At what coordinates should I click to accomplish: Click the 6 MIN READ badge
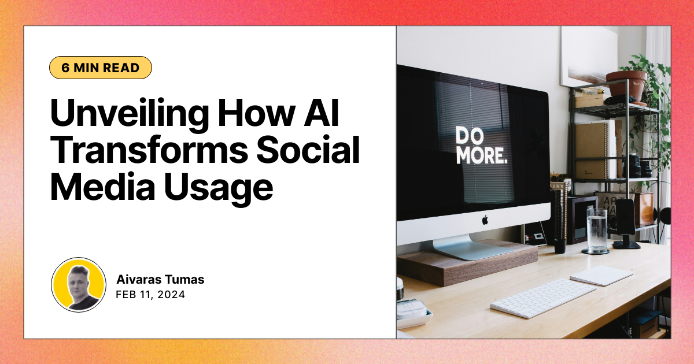(x=101, y=68)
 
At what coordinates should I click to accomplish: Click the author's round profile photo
(x=79, y=285)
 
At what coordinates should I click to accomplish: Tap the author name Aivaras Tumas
(x=160, y=280)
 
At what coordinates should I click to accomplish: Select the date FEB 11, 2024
(x=150, y=295)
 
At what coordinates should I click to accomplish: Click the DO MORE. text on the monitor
(x=481, y=145)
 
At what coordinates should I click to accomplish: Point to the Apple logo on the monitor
(x=485, y=220)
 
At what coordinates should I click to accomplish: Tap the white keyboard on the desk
(x=542, y=298)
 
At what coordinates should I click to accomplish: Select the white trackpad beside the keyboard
(x=601, y=275)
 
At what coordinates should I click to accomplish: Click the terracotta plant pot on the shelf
(x=627, y=86)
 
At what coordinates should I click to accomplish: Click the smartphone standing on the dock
(x=625, y=219)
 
